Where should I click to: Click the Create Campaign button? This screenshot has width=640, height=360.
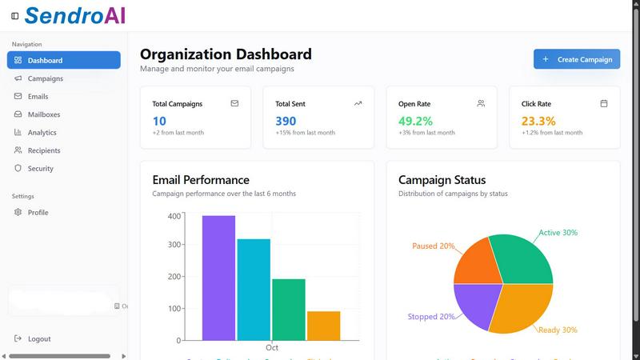coord(577,59)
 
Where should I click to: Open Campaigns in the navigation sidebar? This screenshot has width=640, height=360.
coord(45,78)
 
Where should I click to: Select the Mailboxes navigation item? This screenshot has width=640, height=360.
coord(43,114)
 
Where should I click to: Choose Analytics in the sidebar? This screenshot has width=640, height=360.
coord(42,133)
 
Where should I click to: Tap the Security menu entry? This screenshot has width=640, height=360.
coord(40,169)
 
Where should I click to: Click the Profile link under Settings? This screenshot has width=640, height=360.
coord(38,213)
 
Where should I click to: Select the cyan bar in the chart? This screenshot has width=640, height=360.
coord(254,289)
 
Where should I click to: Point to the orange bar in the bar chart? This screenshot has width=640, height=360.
coord(323,326)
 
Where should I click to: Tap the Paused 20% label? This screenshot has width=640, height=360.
coord(433,246)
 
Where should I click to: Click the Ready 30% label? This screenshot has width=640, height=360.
coord(558,330)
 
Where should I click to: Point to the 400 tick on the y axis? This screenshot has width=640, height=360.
coord(174,216)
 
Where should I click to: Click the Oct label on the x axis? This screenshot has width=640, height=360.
coord(272,348)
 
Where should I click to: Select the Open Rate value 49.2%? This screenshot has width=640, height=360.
coord(415,121)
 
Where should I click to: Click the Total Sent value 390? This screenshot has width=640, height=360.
coord(286,121)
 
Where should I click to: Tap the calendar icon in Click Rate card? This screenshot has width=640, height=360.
coord(604,103)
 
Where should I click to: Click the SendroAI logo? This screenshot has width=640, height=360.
coord(74,15)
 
